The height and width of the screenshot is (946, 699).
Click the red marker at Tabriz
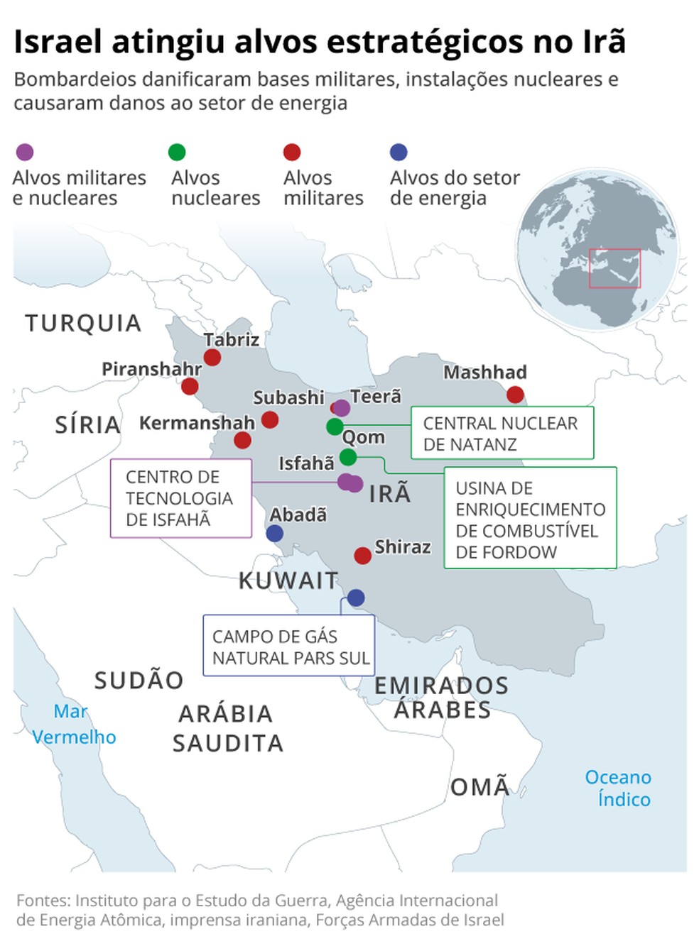[x=212, y=358]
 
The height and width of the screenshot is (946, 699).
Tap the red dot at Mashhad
[x=515, y=395]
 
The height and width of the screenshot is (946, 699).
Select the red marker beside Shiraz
[x=362, y=555]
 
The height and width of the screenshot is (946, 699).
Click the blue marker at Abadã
[x=275, y=534]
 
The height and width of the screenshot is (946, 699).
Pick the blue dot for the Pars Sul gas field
[x=356, y=598]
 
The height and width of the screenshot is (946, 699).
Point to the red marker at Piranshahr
[x=190, y=386]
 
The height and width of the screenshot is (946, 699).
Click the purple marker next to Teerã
[x=342, y=407]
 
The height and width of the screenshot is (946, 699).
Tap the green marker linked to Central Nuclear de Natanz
[x=335, y=427]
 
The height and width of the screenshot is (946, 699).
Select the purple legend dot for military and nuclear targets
[x=25, y=152]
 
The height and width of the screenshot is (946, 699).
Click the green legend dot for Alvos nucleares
[x=177, y=152]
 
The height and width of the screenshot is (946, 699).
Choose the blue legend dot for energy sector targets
[x=399, y=152]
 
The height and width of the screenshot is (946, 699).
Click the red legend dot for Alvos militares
[x=292, y=152]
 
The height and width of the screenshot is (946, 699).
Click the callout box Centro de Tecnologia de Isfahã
[x=181, y=498]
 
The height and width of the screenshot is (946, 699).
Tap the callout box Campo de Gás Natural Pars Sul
[x=289, y=646]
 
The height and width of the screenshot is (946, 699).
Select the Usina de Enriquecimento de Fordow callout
[x=530, y=518]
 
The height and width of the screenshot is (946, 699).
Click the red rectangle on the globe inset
[x=614, y=268]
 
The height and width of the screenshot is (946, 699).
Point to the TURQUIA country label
[x=83, y=324]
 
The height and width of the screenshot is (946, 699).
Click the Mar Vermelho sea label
[x=73, y=724]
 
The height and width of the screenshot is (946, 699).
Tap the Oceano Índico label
[x=619, y=788]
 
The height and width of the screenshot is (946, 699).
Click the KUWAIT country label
[x=288, y=581]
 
